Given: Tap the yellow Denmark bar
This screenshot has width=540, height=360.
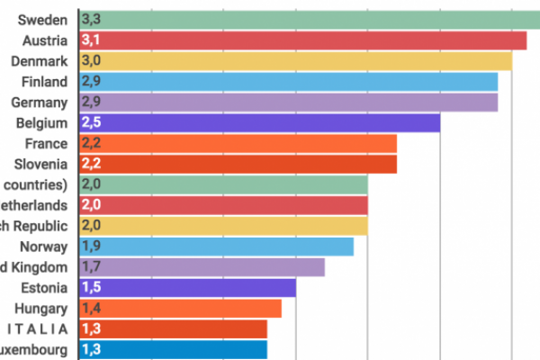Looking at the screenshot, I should [297, 60].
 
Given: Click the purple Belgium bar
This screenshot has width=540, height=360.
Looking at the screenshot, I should [261, 122].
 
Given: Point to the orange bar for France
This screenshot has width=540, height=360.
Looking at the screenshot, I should [239, 143].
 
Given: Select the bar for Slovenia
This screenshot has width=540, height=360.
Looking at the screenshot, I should [239, 164].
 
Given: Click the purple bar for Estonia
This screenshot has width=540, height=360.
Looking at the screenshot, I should [189, 287].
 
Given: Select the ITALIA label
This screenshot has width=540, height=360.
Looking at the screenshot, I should [38, 328].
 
